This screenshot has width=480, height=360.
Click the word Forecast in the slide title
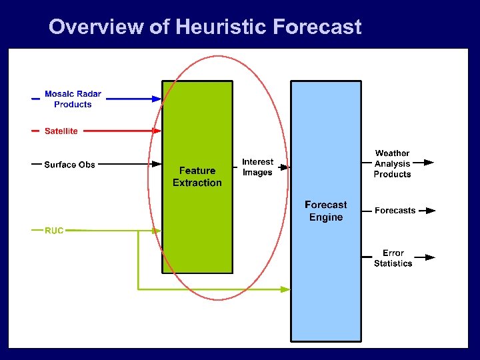tap(317, 27)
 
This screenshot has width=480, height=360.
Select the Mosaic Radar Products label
tap(73, 99)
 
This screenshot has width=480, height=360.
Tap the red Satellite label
tap(61, 131)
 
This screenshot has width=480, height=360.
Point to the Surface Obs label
tap(69, 165)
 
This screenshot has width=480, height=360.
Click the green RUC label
tap(54, 231)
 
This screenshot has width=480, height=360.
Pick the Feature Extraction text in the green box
tap(197, 177)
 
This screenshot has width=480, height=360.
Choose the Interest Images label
tap(257, 167)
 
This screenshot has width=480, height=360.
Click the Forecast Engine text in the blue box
tap(326, 211)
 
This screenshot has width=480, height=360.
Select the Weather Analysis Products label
tap(392, 164)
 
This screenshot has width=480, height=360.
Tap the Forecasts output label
tap(395, 211)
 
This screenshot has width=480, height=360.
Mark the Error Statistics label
tap(393, 258)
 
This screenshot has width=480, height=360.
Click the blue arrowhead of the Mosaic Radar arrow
tap(157, 99)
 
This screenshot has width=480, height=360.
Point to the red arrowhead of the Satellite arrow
tap(157, 131)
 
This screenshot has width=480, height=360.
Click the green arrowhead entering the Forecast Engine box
tap(285, 289)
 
